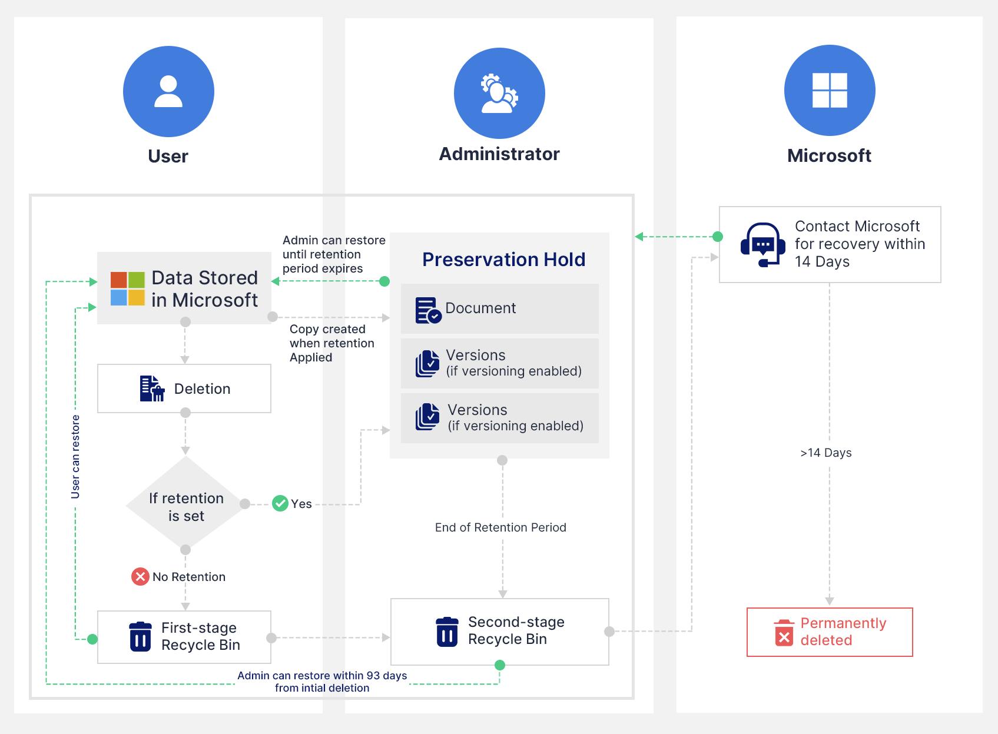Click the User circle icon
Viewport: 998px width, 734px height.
pos(168,91)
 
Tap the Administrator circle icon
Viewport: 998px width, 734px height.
pos(499,93)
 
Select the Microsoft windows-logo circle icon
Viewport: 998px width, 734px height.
pos(830,91)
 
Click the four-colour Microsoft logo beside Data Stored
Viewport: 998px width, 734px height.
pos(128,288)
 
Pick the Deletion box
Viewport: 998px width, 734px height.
pos(184,388)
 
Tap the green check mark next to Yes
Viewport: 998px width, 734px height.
pos(280,503)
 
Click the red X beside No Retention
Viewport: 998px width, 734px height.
pos(140,576)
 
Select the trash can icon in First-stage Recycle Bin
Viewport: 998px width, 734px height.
pos(140,636)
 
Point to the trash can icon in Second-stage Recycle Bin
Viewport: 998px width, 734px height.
pos(447,632)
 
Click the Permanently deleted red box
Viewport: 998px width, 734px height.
pos(829,632)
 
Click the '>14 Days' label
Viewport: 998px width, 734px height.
pos(825,453)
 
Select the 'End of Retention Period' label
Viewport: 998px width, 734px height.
pos(500,527)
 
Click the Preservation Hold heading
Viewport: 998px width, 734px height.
pos(503,260)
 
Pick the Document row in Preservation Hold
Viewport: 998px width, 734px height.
pos(499,308)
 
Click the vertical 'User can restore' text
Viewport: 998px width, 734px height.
pos(75,457)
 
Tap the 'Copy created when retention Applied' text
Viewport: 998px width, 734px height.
pos(331,343)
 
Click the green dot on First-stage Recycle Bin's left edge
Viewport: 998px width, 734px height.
pos(92,639)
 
